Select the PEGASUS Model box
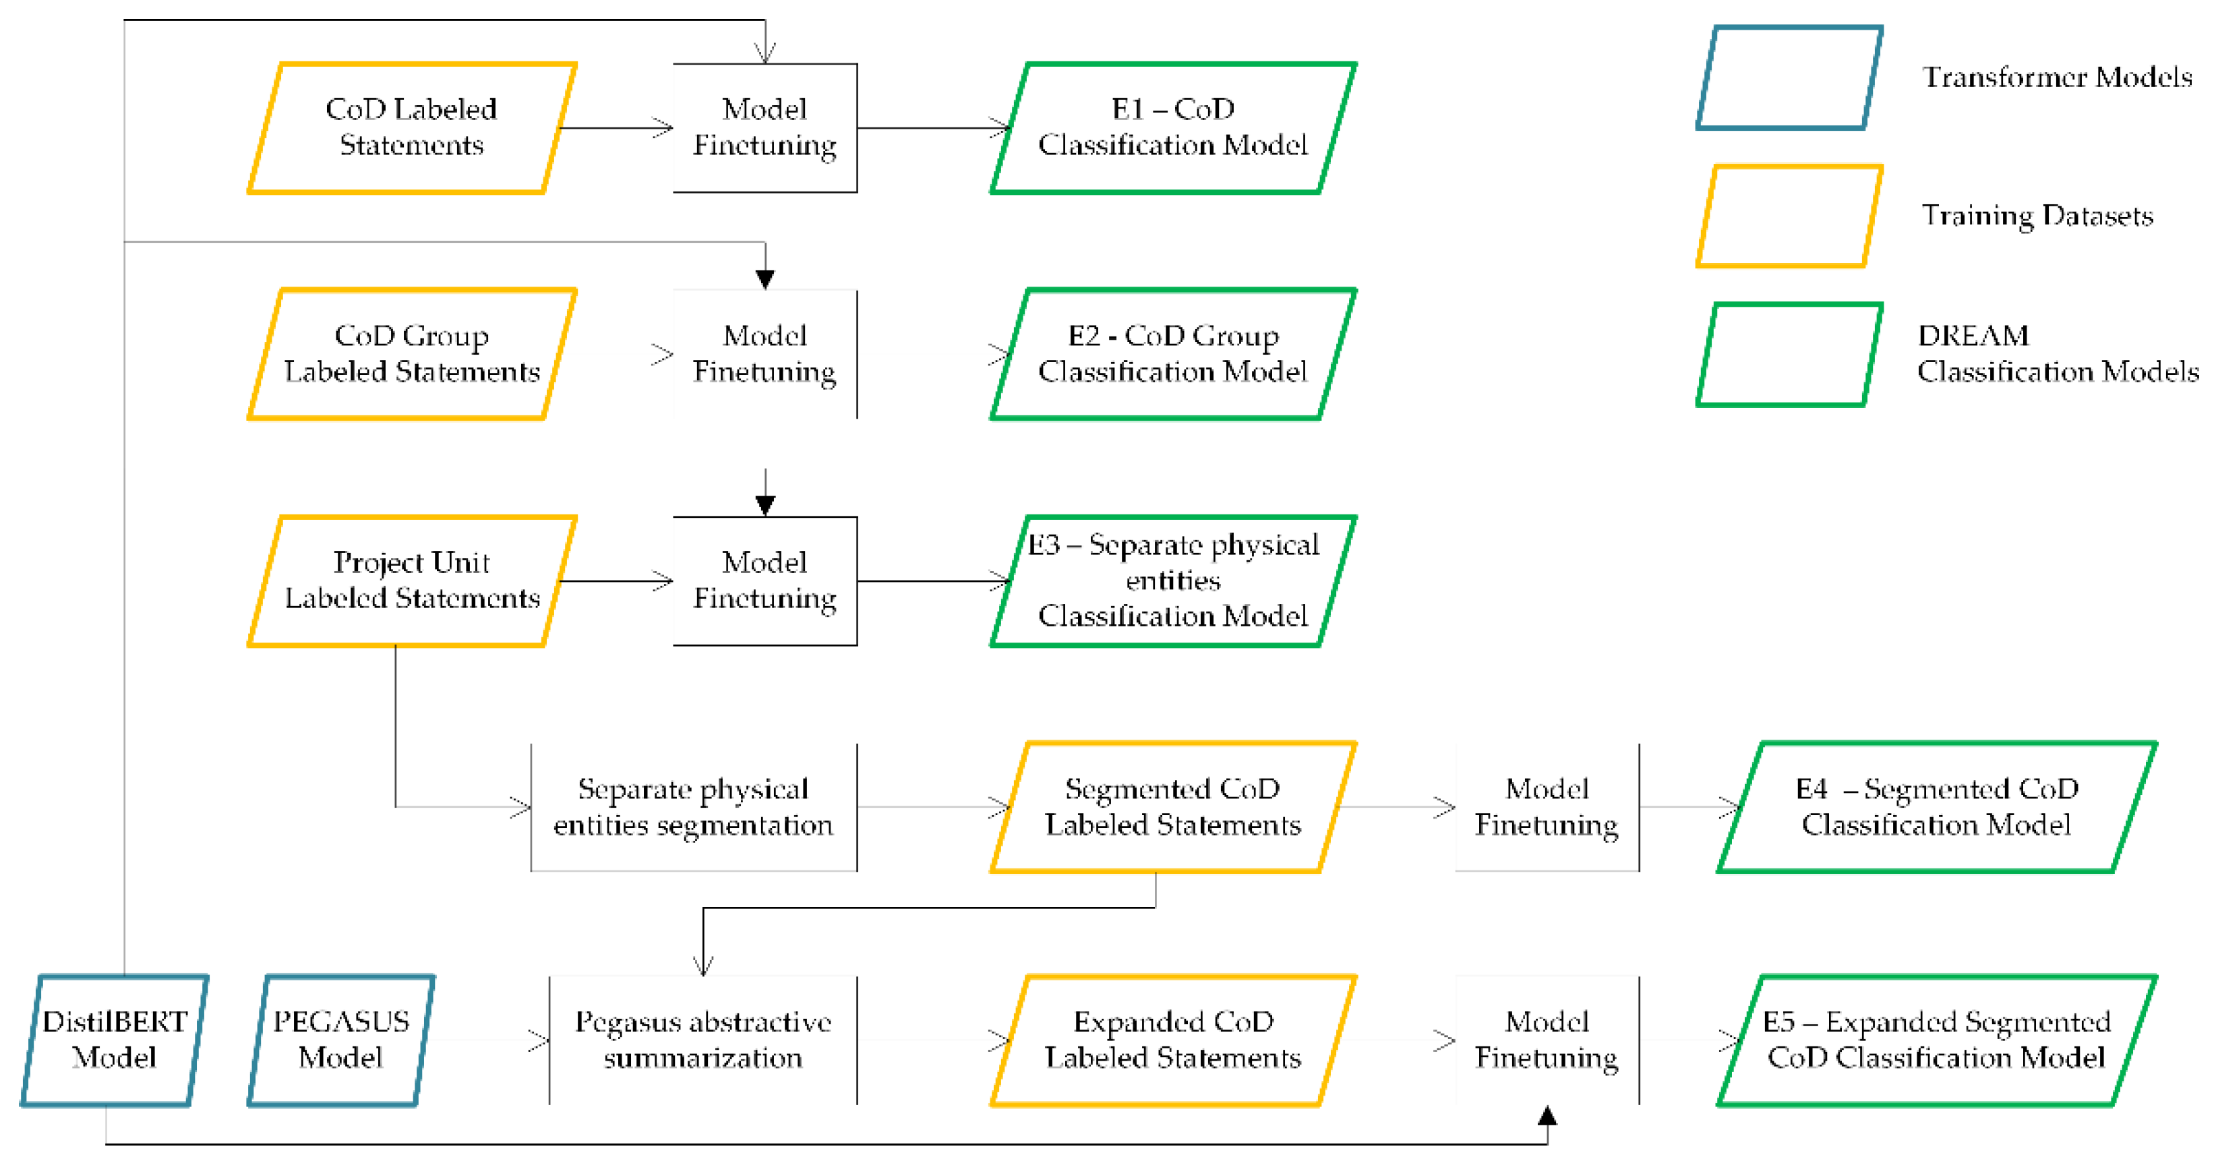coord(340,1039)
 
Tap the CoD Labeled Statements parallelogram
coord(411,127)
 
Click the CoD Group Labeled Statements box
coord(411,353)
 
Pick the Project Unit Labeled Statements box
coord(411,580)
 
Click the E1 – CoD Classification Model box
coord(1172,127)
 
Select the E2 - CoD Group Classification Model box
coord(1172,353)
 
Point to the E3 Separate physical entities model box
coord(1172,580)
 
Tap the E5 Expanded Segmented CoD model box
coord(1936,1039)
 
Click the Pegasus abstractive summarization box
coord(702,1039)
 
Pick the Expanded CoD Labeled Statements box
coord(1172,1039)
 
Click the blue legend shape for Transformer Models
coord(1789,78)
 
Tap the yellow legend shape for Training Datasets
coord(1789,216)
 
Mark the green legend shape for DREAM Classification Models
coord(1789,353)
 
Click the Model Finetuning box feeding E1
coord(765,127)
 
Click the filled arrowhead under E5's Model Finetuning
coord(1547,1117)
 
